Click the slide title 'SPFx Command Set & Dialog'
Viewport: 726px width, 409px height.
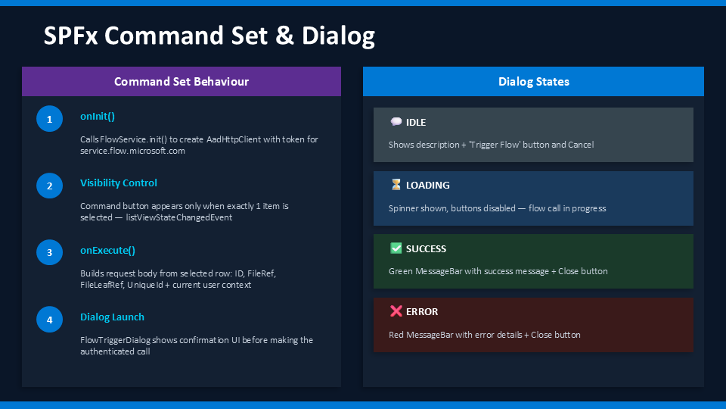coord(209,36)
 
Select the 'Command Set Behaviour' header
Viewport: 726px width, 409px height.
coord(181,81)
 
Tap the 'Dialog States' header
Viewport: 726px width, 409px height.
coord(533,81)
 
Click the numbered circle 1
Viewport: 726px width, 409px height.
coord(49,119)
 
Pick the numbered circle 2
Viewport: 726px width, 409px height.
coord(49,186)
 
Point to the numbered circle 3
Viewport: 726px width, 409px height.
coord(49,253)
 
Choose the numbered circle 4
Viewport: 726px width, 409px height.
coord(49,320)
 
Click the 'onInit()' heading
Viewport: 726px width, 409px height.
coord(98,117)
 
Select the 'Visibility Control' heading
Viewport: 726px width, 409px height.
coord(119,183)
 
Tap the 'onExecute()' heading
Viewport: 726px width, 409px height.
coord(107,251)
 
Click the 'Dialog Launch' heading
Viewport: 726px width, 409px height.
coord(112,317)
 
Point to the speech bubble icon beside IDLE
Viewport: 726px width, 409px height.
coord(396,122)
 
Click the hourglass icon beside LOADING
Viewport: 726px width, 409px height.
coord(396,185)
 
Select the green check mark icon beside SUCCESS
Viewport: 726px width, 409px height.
coord(396,248)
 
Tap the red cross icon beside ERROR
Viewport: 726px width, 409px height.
coord(396,311)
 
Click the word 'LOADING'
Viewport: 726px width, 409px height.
coord(427,186)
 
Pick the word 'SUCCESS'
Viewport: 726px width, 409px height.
coord(426,249)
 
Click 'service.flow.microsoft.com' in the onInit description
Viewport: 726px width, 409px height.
coord(132,151)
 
